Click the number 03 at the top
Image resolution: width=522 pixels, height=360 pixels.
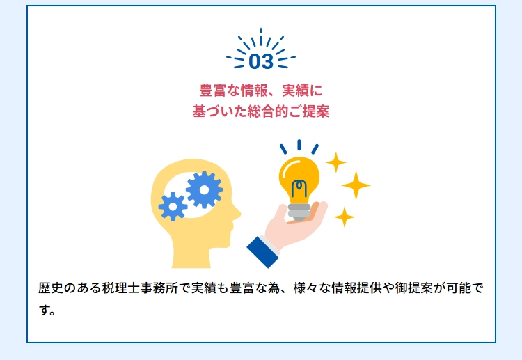261,61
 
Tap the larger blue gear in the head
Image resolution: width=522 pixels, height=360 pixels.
204,190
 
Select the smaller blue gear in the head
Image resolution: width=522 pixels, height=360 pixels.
173,207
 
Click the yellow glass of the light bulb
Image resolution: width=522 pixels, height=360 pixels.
299,179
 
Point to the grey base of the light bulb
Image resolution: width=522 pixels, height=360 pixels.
299,212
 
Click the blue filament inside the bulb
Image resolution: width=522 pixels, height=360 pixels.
299,189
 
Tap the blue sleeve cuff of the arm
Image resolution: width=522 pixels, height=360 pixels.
263,252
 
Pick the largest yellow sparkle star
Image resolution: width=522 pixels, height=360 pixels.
356,185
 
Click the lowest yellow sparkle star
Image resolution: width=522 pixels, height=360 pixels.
345,217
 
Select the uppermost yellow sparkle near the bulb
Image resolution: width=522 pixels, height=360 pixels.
335,162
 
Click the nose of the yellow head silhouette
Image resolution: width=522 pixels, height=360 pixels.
237,213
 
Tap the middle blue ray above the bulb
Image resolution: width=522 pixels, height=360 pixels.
299,145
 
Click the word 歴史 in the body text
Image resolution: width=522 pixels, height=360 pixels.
51,288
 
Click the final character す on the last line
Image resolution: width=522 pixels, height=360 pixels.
45,311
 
